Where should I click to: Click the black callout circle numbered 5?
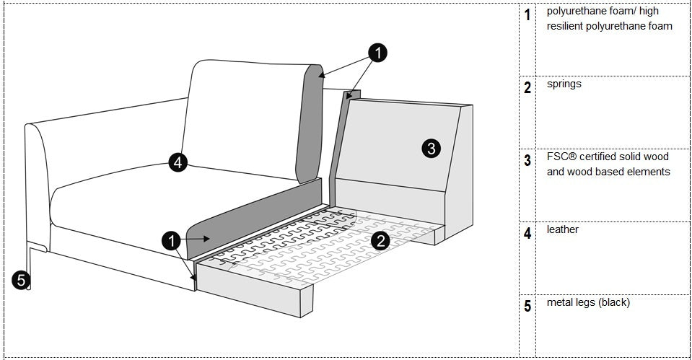(x=21, y=279)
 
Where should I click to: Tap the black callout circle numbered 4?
(x=178, y=162)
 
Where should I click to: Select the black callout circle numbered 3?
(x=430, y=149)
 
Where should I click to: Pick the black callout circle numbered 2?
(x=380, y=242)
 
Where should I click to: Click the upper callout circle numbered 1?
(x=377, y=52)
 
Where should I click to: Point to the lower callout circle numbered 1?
(x=171, y=241)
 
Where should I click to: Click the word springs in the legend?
(x=564, y=84)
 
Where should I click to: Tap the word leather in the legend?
(x=562, y=229)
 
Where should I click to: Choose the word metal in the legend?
(x=559, y=302)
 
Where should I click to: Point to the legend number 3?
(x=527, y=160)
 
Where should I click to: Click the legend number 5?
(x=527, y=306)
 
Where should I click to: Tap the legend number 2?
(x=527, y=87)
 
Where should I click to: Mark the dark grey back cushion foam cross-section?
(x=310, y=123)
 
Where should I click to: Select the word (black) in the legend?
(x=613, y=302)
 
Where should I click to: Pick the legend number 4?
(x=527, y=233)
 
